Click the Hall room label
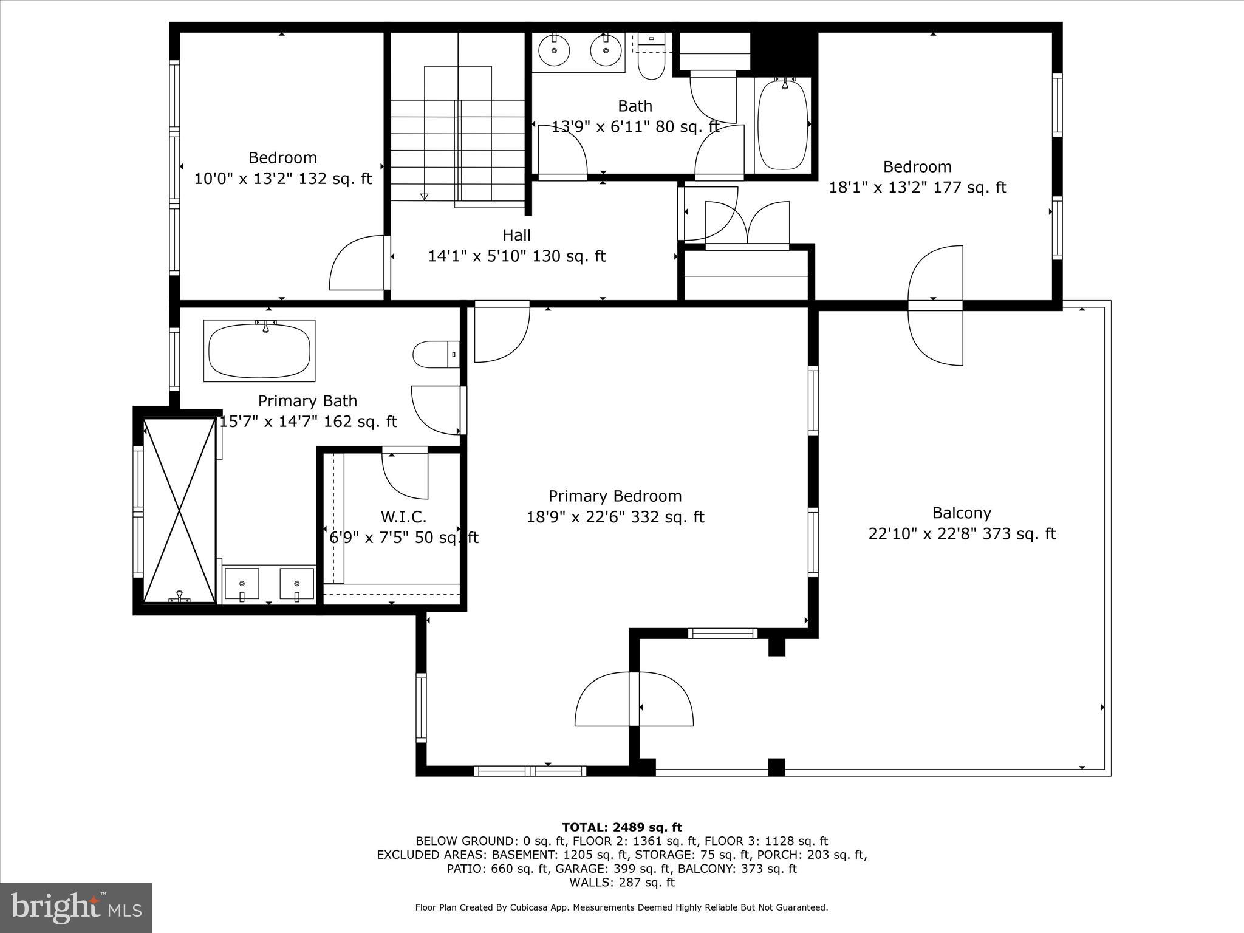[x=516, y=235]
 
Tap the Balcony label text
[x=962, y=513]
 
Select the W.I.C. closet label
[x=403, y=517]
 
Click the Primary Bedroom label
[x=615, y=496]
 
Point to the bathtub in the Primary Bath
[x=259, y=351]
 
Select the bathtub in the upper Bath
[x=784, y=125]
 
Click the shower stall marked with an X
[x=180, y=510]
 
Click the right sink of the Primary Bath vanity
[x=297, y=584]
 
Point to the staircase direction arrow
[x=424, y=196]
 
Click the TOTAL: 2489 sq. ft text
[x=621, y=827]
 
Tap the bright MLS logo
[x=76, y=907]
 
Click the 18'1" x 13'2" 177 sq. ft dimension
[x=917, y=188]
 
